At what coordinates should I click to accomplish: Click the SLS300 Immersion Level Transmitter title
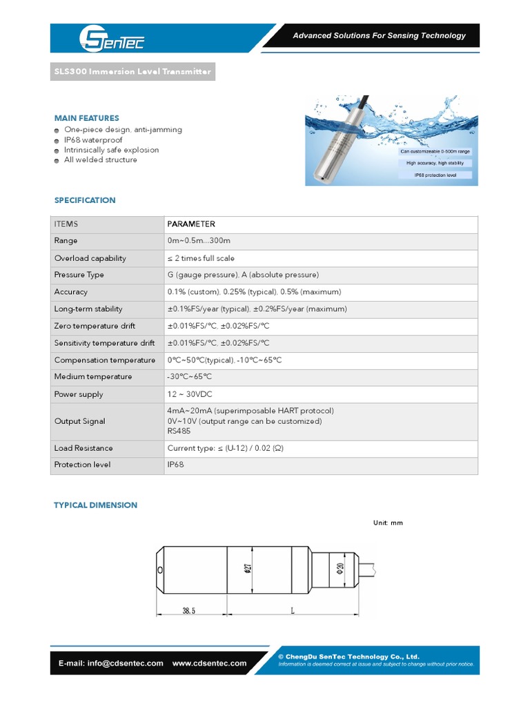click(x=132, y=72)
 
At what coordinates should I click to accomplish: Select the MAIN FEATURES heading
click(x=86, y=118)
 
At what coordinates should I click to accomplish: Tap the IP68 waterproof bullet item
click(x=93, y=139)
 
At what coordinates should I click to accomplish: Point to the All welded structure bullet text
click(x=100, y=159)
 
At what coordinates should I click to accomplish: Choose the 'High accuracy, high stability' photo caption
click(x=440, y=163)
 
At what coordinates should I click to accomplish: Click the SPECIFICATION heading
click(x=85, y=200)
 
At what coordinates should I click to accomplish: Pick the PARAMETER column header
click(x=191, y=224)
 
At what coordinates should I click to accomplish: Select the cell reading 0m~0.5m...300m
click(x=198, y=241)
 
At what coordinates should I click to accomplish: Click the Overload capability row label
click(x=90, y=258)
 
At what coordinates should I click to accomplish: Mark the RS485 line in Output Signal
click(x=179, y=431)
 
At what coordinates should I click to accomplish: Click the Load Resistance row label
click(x=84, y=448)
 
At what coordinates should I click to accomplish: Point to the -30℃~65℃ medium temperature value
click(x=189, y=377)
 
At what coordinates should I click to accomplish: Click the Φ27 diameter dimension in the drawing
click(x=247, y=568)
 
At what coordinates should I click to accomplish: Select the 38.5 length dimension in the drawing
click(x=189, y=611)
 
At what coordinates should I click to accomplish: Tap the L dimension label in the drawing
click(x=293, y=611)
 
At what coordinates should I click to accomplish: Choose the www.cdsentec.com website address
click(x=209, y=663)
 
